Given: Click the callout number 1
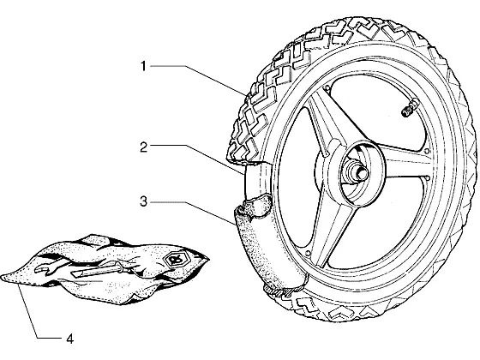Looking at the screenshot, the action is point(143,66).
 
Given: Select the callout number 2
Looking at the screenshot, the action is point(144,147).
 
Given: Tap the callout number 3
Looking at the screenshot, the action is point(144,201).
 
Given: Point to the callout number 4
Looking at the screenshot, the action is point(70,339).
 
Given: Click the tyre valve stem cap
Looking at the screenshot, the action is point(406,111).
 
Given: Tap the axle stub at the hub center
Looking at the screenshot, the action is point(359,171).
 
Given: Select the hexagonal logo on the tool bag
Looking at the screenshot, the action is point(171,261).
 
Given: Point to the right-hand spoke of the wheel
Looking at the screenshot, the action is point(404,162).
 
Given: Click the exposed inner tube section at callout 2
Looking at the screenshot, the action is point(256,180).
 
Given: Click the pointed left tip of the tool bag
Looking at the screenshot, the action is point(3,278).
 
